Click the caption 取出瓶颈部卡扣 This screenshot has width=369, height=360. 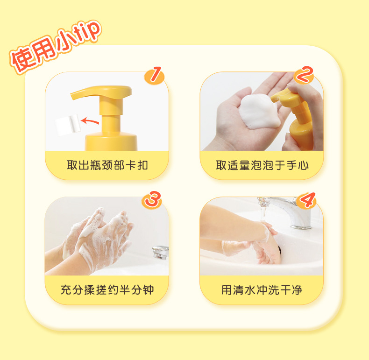coord(107,165)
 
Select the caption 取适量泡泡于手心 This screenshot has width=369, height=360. coord(262,165)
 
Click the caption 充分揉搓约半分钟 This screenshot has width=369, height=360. coord(107,290)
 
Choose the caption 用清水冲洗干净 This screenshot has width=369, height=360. coord(262,290)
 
